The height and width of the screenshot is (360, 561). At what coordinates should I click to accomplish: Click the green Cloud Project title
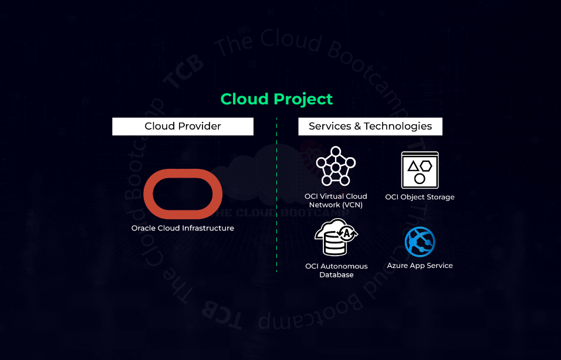[x=276, y=99]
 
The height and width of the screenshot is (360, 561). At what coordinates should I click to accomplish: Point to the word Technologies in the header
[x=398, y=127]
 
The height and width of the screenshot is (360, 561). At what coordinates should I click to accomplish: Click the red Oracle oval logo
[x=183, y=193]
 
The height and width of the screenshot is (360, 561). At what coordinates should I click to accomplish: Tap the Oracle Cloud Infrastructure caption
[x=183, y=228]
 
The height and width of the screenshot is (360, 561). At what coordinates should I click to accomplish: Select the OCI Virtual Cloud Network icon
[x=336, y=167]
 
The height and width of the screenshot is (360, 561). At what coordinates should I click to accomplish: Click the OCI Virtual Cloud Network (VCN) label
[x=336, y=201]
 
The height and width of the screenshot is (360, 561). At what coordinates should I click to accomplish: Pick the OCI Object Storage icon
[x=420, y=169]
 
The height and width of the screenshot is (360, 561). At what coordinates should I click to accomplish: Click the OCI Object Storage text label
[x=420, y=197]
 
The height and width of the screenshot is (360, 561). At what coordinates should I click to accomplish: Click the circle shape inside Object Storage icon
[x=420, y=178]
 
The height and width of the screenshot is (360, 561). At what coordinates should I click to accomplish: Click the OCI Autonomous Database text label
[x=336, y=270]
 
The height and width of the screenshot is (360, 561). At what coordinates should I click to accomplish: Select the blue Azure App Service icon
[x=420, y=242]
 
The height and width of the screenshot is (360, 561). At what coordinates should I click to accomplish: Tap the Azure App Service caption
[x=420, y=266]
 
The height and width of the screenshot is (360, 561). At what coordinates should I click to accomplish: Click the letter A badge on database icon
[x=348, y=233]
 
